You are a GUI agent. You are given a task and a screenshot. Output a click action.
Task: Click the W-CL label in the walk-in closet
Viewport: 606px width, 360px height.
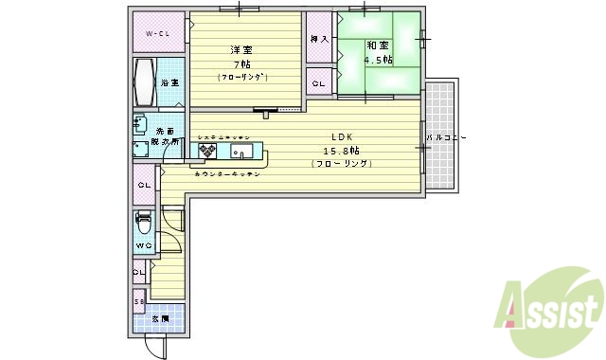pos(156,35)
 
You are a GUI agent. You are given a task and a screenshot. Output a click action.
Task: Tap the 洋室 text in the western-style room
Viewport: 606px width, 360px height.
pos(241,49)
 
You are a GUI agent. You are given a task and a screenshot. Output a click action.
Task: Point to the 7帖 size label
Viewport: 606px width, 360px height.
pos(242,63)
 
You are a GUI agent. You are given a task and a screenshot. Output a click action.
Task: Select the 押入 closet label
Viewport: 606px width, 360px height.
pos(318,39)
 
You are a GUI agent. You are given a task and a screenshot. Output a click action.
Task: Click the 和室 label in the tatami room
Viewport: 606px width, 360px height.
pos(378,45)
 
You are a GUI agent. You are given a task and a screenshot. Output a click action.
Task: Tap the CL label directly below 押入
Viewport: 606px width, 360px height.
pos(318,83)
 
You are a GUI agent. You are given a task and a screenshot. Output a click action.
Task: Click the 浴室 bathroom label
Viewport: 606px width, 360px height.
pos(170,83)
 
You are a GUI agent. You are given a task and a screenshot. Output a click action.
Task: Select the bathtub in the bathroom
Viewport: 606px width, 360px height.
pos(145,82)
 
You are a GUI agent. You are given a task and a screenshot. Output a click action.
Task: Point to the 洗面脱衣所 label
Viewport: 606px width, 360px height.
pos(167,135)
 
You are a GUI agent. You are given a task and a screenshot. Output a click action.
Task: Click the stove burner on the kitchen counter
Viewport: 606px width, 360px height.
pos(206,150)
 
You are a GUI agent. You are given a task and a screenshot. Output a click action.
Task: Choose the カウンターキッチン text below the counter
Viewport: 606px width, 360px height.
pos(228,174)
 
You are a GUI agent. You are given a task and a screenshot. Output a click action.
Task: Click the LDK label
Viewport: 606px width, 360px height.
pos(341,135)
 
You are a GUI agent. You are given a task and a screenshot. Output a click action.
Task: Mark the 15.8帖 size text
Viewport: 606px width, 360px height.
pos(342,150)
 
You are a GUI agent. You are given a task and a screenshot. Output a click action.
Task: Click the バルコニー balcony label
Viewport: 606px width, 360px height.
pos(446,138)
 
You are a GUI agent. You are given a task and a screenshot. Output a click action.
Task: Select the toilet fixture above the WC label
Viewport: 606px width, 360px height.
pos(144,225)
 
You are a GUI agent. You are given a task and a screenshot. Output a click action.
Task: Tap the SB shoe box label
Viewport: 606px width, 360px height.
pos(138,302)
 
